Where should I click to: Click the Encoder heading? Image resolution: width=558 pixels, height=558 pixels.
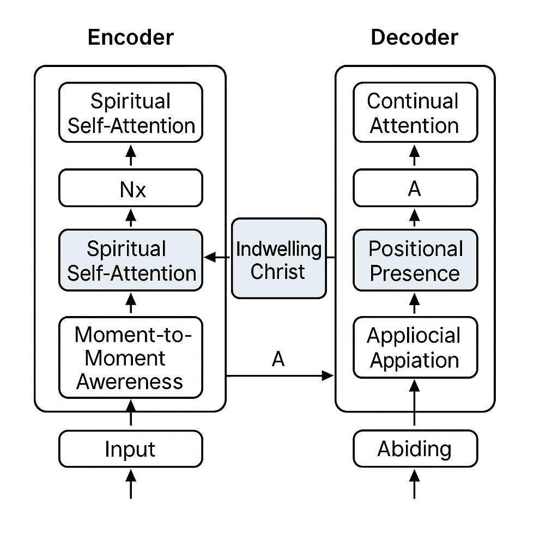[130, 38]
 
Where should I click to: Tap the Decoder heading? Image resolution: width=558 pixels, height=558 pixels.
[414, 38]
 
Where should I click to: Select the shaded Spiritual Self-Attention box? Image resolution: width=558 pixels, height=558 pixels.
[130, 260]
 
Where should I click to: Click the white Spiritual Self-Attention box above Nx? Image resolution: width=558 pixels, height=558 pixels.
[130, 113]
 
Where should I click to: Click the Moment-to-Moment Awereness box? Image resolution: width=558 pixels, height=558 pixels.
[130, 357]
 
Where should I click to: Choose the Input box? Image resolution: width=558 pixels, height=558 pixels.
[130, 449]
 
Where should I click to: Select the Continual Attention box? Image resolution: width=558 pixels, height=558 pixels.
[415, 113]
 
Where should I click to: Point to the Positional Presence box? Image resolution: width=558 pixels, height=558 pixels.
[415, 260]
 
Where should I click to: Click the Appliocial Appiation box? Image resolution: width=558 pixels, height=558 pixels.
[415, 348]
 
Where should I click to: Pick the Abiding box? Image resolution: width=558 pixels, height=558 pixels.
[415, 449]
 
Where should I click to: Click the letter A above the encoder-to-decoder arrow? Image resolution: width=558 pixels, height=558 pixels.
[278, 360]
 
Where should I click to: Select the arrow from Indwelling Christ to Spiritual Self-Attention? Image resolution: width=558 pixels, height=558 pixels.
[218, 257]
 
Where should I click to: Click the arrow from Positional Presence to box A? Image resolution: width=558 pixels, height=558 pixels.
[415, 218]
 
